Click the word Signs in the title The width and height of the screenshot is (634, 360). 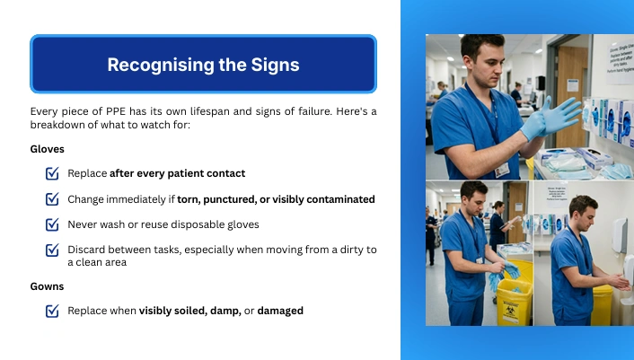click(x=275, y=65)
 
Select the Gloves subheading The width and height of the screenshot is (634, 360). click(x=48, y=149)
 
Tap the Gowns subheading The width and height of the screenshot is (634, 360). click(x=47, y=286)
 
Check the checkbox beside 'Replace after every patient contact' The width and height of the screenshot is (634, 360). click(x=52, y=173)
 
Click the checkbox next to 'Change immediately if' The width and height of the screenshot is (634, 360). click(x=52, y=198)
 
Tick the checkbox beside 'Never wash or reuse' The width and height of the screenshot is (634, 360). click(x=52, y=224)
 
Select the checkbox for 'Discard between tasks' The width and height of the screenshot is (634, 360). click(x=52, y=250)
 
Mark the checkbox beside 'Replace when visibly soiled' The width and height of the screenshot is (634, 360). click(x=52, y=311)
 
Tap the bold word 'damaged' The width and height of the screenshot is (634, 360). click(x=280, y=312)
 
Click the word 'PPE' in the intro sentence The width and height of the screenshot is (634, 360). click(x=116, y=111)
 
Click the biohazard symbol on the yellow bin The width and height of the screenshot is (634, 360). click(x=508, y=309)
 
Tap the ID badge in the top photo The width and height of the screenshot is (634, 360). click(x=502, y=170)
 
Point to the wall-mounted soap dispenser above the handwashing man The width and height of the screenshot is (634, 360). click(x=619, y=235)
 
